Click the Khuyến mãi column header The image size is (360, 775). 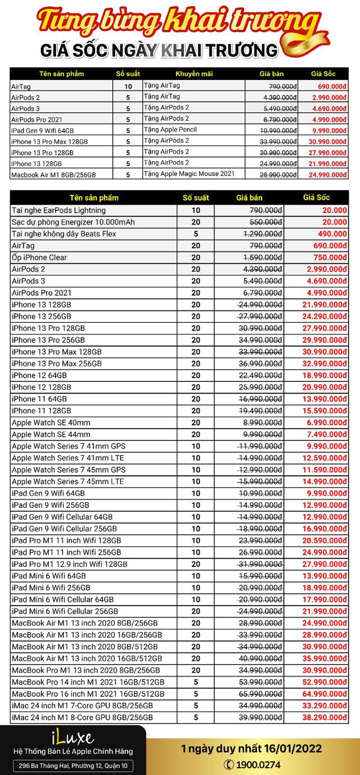pyautogui.click(x=191, y=74)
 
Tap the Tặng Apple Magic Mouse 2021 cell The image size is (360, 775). pyautogui.click(x=189, y=174)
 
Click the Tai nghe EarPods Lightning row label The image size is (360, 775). pyautogui.click(x=58, y=210)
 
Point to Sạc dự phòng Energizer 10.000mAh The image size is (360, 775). pyautogui.click(x=73, y=222)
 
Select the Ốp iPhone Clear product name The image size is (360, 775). pyautogui.click(x=39, y=258)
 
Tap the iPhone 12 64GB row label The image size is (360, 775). pyautogui.click(x=39, y=375)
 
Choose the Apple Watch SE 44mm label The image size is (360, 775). pyautogui.click(x=51, y=434)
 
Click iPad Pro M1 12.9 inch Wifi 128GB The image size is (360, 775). pyautogui.click(x=70, y=564)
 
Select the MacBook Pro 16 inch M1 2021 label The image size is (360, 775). pyautogui.click(x=88, y=694)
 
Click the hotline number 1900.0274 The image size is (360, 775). pyautogui.click(x=258, y=764)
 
